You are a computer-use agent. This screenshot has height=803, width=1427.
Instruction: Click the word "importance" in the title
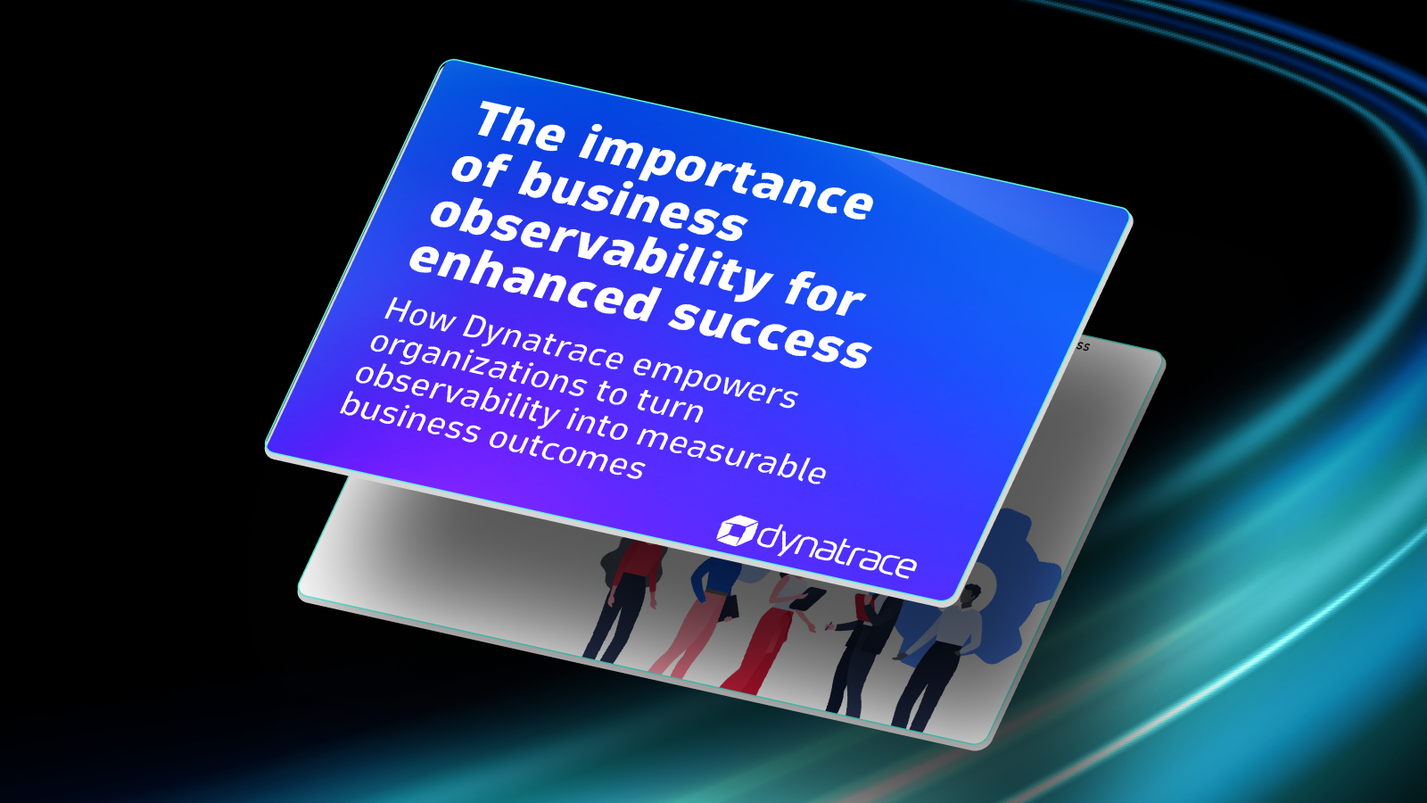tap(726, 172)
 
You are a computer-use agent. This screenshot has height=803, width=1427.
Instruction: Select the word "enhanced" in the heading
tap(532, 283)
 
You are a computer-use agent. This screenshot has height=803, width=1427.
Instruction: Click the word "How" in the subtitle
tap(419, 315)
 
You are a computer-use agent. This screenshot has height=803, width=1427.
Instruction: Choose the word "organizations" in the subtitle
tap(478, 366)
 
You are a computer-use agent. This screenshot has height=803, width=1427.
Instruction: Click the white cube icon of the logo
tap(737, 531)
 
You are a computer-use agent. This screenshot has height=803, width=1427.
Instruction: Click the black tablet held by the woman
tap(806, 598)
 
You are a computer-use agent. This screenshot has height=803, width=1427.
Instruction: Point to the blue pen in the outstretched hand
tap(829, 626)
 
